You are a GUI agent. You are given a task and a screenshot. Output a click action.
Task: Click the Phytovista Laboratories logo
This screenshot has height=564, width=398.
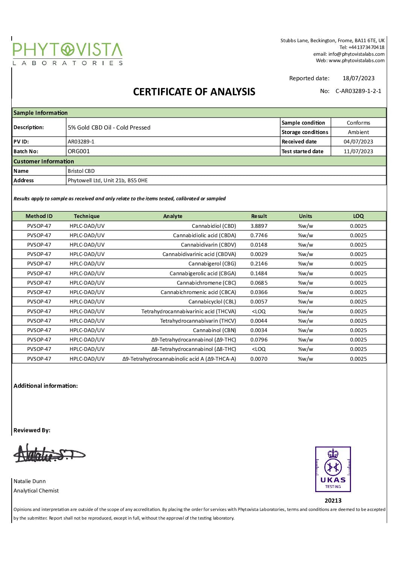[68, 54]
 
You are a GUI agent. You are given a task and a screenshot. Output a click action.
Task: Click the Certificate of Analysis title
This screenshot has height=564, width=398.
[194, 92]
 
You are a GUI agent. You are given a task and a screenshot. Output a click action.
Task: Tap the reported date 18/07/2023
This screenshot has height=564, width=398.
[359, 78]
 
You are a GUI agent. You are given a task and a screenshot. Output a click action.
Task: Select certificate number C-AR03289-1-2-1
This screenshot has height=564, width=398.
[358, 91]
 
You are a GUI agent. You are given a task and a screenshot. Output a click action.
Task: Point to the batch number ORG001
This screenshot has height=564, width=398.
[79, 151]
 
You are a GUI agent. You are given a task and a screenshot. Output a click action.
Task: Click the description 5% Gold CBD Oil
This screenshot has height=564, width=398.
[109, 127]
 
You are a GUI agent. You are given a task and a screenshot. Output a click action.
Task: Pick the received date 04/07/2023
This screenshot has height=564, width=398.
[358, 142]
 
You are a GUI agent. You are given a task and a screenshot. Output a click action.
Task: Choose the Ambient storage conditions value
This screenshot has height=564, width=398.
[358, 132]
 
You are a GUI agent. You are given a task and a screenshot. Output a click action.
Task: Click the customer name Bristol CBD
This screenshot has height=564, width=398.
[81, 171]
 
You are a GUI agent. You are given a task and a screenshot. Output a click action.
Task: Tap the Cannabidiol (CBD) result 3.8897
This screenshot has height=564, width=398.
[259, 226]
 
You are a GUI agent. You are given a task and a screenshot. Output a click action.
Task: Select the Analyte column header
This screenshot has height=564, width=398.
[173, 216]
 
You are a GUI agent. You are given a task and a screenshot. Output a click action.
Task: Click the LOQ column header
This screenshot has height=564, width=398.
[358, 216]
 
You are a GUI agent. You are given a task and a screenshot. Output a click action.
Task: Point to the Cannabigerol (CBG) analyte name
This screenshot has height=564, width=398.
[212, 264]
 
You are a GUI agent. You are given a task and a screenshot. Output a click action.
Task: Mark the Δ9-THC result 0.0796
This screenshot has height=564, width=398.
[259, 340]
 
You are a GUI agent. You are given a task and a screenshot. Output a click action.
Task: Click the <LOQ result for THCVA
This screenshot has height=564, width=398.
[259, 311]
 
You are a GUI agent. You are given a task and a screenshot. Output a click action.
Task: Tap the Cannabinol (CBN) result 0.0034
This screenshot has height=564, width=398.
[259, 330]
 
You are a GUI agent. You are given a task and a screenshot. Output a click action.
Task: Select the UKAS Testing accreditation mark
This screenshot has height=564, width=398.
[333, 469]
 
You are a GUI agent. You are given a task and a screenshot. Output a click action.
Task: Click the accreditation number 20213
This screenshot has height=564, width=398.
[333, 500]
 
